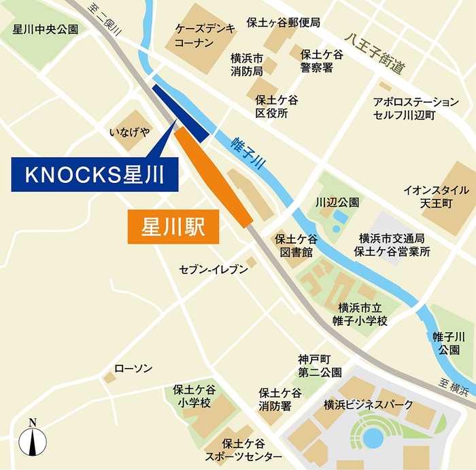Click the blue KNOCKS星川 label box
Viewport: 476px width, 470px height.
(x=95, y=175)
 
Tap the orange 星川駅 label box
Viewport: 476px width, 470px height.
(x=173, y=227)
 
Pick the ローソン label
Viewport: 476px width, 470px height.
(x=133, y=368)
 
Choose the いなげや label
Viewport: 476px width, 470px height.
(x=129, y=131)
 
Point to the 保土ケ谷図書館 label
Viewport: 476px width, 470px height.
(x=295, y=246)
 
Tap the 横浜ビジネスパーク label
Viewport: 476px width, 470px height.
(x=369, y=405)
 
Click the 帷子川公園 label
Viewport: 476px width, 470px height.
(x=448, y=343)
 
